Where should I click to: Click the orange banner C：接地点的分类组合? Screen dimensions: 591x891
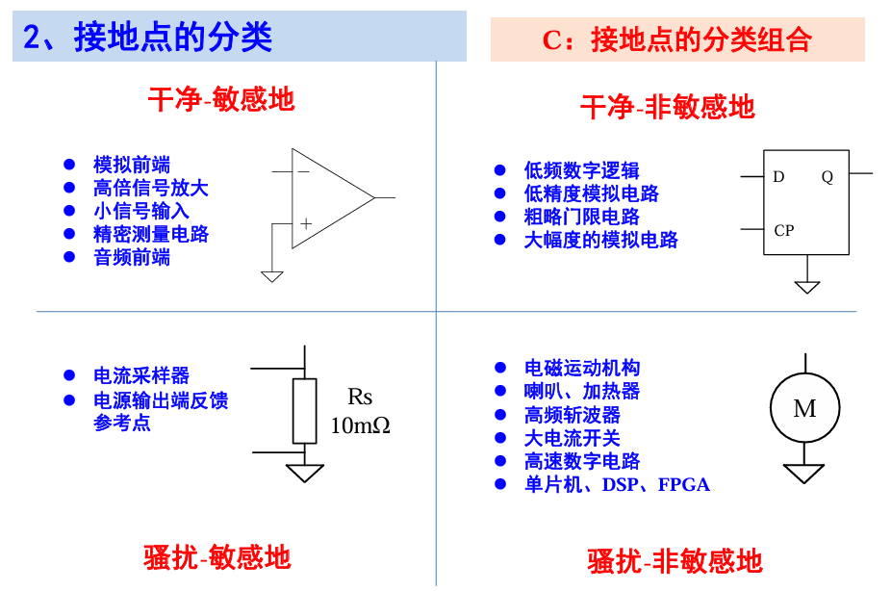pyautogui.click(x=677, y=39)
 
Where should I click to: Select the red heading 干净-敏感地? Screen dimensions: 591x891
pyautogui.click(x=221, y=99)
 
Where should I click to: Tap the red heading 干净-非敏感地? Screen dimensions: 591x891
pyautogui.click(x=667, y=107)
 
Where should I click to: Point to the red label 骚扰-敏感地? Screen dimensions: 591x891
pyautogui.click(x=217, y=556)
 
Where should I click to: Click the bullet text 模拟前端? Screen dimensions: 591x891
pyautogui.click(x=132, y=165)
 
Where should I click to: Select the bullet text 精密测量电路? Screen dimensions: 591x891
pyautogui.click(x=151, y=234)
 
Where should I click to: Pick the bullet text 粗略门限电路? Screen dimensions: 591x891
pyautogui.click(x=582, y=217)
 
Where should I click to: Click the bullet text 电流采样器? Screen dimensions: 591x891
pyautogui.click(x=141, y=375)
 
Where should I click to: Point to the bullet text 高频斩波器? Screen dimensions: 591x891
pyautogui.click(x=573, y=415)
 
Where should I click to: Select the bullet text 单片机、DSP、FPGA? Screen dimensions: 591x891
pyautogui.click(x=617, y=485)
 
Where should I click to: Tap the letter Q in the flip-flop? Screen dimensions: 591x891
pyautogui.click(x=827, y=177)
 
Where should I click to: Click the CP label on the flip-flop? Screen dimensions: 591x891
pyautogui.click(x=784, y=231)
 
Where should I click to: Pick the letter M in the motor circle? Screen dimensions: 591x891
pyautogui.click(x=804, y=409)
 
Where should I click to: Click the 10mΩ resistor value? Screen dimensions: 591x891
pyautogui.click(x=360, y=424)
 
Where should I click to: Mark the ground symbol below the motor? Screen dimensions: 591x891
pyautogui.click(x=804, y=473)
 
